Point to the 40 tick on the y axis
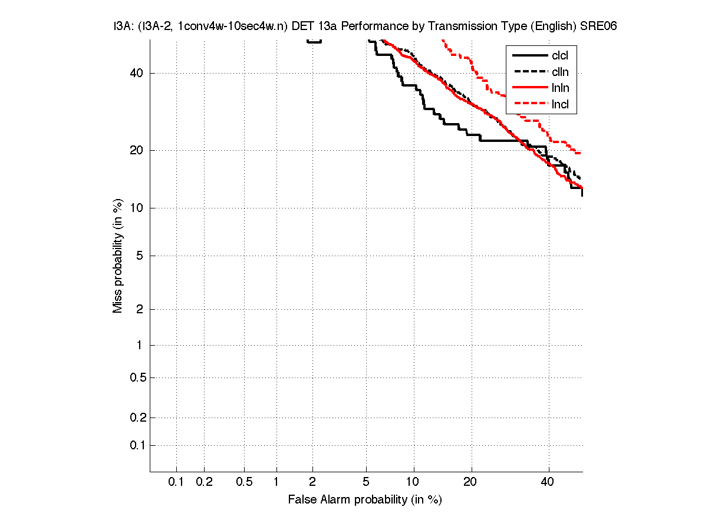click(x=137, y=74)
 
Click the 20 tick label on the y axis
click(x=137, y=150)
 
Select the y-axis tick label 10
click(x=137, y=208)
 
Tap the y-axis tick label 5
click(x=140, y=256)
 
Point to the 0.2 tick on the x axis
click(x=204, y=482)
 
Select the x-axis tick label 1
click(x=276, y=482)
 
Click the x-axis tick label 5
click(x=366, y=482)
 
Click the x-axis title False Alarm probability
click(x=364, y=500)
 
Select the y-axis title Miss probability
click(x=118, y=256)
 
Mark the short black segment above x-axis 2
click(x=314, y=41)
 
